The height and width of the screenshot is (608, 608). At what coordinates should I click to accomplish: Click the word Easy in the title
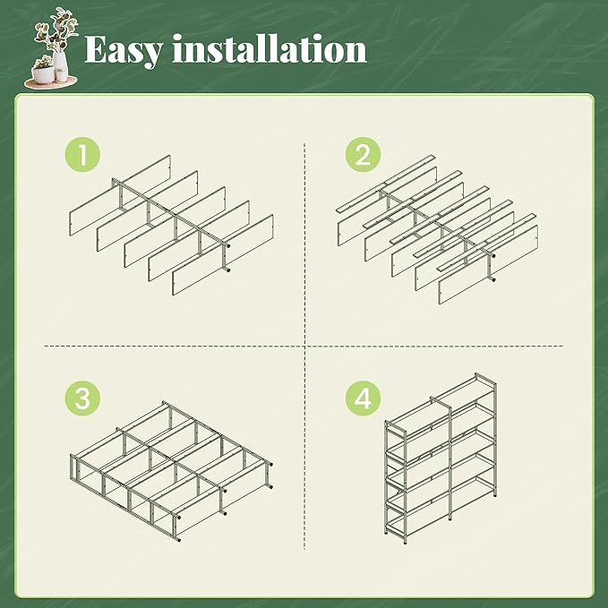point(123,49)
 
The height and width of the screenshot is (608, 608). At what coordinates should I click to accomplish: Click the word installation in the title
point(270,48)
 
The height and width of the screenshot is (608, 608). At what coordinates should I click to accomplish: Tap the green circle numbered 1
point(82,154)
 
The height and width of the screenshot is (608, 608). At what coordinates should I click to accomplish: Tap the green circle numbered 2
point(363,154)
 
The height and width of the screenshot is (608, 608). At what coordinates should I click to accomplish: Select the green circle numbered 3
point(82,398)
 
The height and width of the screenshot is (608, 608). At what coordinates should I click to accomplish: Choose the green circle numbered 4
point(363,398)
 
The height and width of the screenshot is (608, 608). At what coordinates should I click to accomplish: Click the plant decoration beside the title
point(51,48)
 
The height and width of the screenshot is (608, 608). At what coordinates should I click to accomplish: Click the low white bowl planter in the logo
point(43,73)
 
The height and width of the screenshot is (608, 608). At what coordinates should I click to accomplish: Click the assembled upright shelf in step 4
point(441,458)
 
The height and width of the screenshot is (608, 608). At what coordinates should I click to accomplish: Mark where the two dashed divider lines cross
point(304,346)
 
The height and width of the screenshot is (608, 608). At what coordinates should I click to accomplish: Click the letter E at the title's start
point(96,49)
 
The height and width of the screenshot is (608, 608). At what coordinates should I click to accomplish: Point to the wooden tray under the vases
point(51,82)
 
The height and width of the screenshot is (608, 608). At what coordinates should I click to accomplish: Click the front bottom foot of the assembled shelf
point(406,542)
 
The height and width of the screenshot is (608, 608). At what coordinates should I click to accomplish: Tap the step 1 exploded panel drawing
point(171,225)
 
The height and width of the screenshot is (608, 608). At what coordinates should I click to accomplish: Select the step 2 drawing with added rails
point(437,230)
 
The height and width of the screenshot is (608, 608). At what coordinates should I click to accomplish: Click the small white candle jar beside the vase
point(61,75)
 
